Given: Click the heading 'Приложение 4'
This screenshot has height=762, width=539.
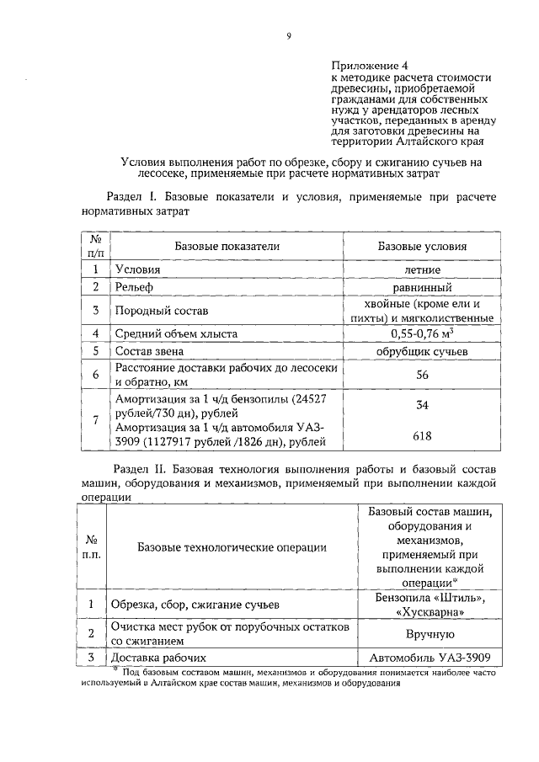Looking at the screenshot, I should [x=366, y=65].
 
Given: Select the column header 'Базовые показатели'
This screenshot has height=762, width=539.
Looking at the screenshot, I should [x=227, y=246].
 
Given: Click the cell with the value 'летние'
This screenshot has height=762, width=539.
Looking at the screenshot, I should [x=434, y=269].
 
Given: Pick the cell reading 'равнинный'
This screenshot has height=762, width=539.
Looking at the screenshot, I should [x=434, y=288].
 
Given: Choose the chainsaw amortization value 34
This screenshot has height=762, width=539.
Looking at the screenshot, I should [x=434, y=406].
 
